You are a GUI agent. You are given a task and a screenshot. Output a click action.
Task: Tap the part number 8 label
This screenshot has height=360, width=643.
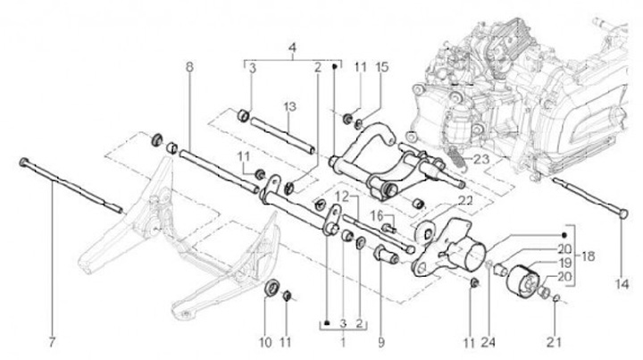(188, 68)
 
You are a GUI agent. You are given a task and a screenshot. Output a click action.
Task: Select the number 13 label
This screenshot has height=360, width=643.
(290, 107)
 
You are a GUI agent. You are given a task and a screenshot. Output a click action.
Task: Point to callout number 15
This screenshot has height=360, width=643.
(381, 68)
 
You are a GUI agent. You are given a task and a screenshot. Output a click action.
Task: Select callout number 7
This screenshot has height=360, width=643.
(51, 341)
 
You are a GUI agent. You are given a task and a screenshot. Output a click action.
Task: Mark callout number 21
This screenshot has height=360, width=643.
(559, 341)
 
